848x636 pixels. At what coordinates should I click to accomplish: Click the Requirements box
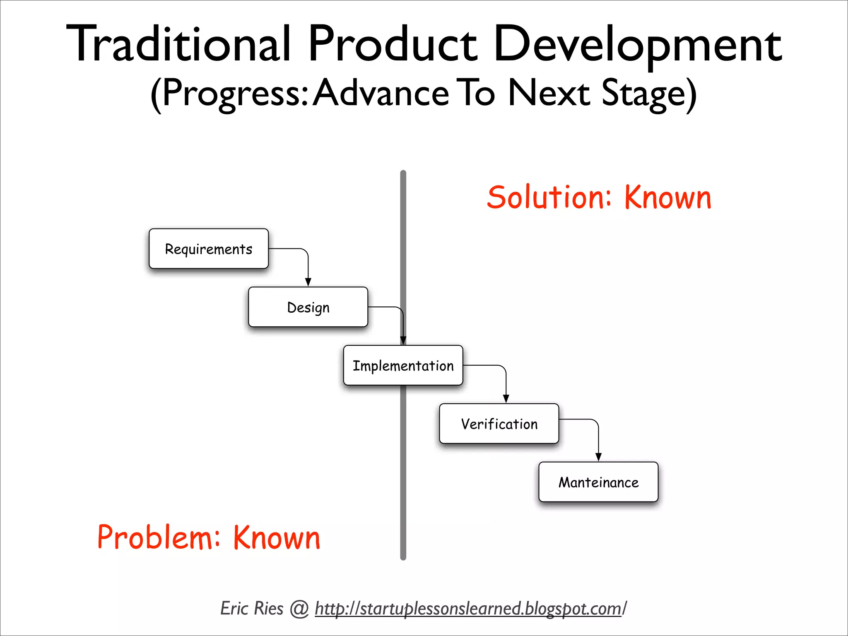click(208, 249)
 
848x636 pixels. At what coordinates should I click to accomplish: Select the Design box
click(308, 307)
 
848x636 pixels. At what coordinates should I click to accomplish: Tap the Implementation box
click(403, 366)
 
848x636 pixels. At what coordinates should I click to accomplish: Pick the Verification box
click(499, 424)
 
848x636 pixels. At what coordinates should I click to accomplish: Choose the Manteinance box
click(598, 482)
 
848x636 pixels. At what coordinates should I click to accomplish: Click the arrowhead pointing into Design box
click(308, 282)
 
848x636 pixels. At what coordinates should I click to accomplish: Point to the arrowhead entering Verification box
click(506, 399)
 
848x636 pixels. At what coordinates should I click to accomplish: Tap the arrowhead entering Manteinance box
click(598, 457)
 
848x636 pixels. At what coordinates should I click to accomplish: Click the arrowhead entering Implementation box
click(403, 340)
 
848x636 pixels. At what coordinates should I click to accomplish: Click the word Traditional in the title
click(178, 45)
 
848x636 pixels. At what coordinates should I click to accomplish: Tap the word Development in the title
click(638, 45)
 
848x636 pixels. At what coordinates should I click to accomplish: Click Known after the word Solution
click(667, 198)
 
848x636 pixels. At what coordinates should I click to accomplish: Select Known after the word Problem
click(277, 537)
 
